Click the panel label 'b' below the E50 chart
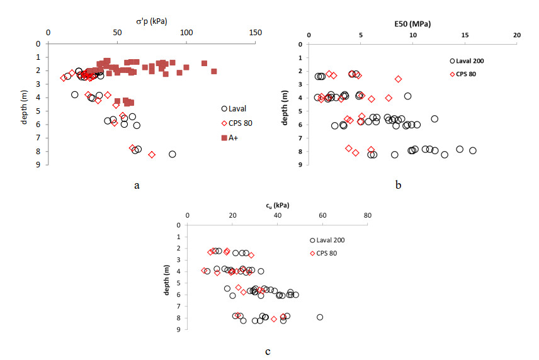[399, 185]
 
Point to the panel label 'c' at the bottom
[269, 351]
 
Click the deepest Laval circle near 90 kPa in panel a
[173, 154]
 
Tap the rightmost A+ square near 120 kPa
[214, 71]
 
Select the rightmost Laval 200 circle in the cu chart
[320, 317]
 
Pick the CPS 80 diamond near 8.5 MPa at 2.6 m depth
[398, 79]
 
